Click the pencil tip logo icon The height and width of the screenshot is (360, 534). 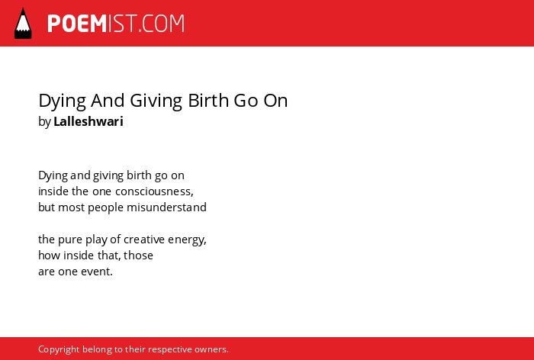pos(23,24)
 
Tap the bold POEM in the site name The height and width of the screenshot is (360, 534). pos(77,24)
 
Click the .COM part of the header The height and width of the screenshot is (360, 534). pos(162,24)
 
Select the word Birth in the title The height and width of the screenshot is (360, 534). pos(208,100)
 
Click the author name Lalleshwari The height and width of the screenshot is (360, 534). pos(88,121)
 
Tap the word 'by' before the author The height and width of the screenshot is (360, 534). pos(44,122)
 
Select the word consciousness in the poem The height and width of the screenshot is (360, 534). pos(154,191)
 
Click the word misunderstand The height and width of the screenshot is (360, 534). pos(166,207)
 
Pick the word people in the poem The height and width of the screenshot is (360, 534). pos(105,207)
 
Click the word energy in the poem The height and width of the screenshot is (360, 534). pos(186,240)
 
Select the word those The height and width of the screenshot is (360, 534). pos(138,255)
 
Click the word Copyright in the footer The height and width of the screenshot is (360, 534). pos(59,350)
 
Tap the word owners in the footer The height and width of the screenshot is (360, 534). pos(210,349)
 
